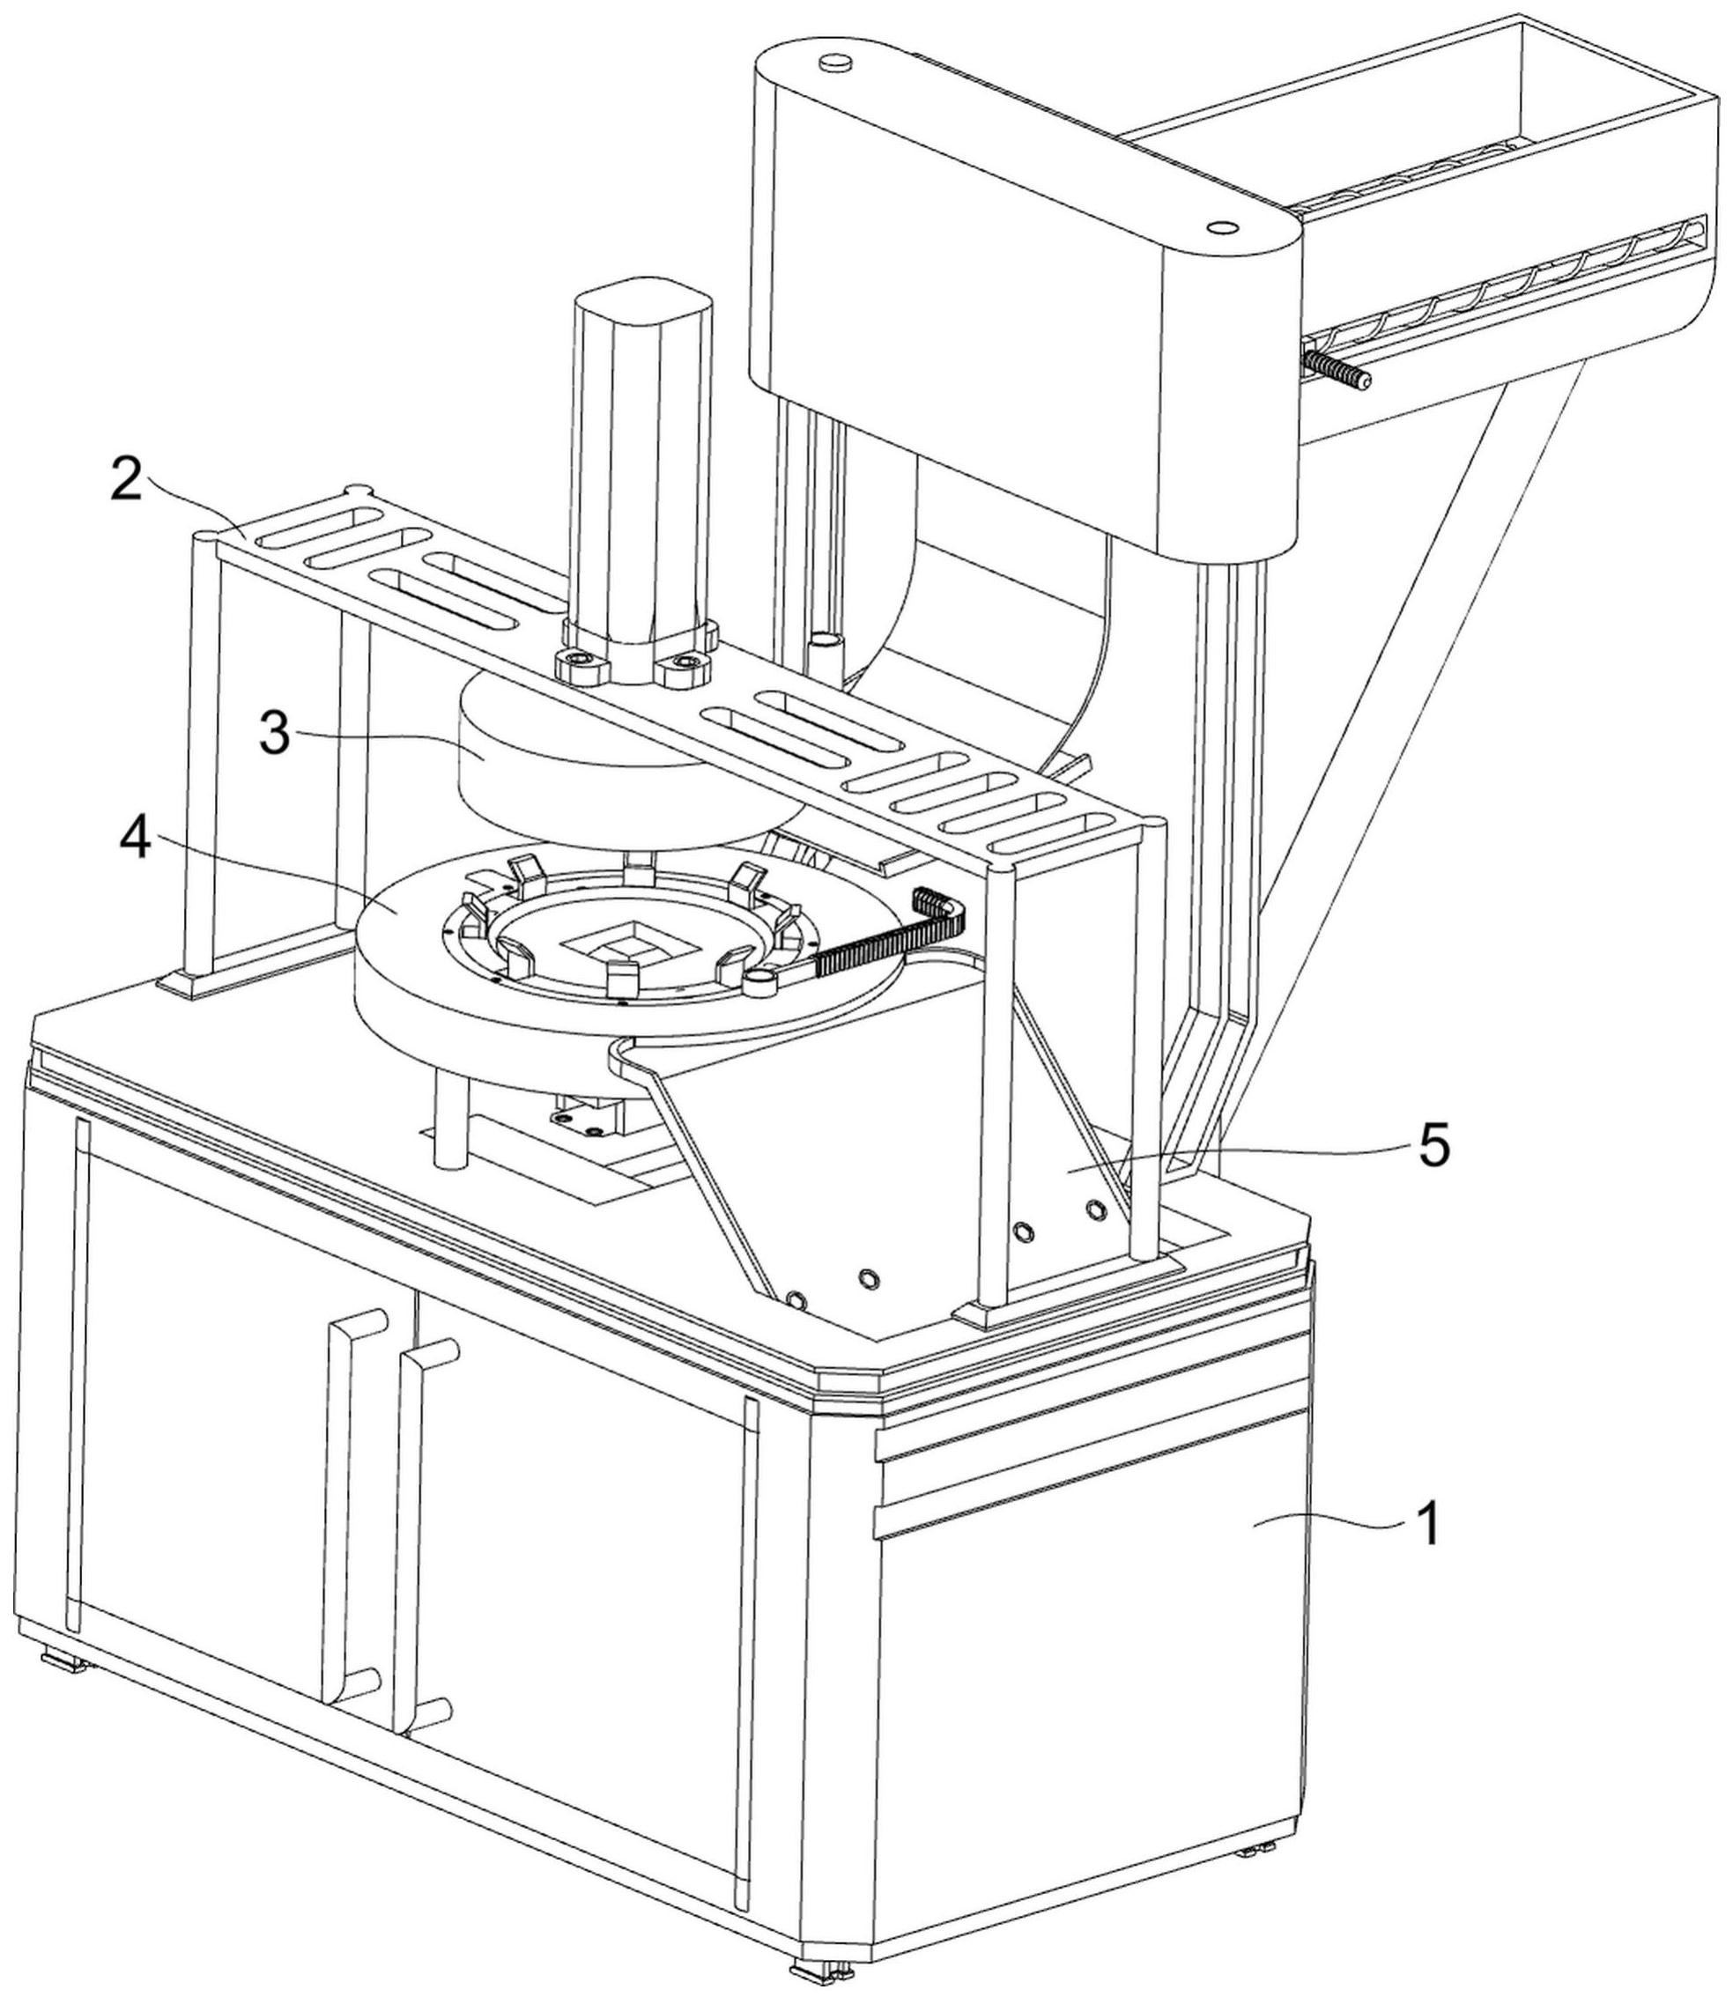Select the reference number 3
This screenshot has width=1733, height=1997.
coord(276,733)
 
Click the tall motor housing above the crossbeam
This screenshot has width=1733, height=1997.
coord(643,455)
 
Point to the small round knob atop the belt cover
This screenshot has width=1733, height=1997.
coord(832,63)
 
